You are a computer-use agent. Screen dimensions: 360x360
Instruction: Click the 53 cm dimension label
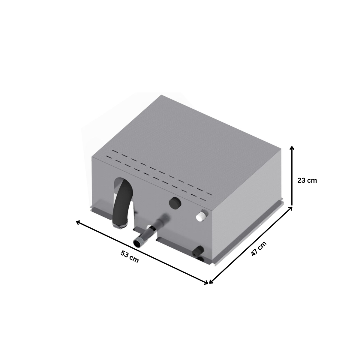[130, 256]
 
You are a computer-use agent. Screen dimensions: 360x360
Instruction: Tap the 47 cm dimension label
[259, 249]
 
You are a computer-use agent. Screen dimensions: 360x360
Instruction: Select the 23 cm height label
[307, 180]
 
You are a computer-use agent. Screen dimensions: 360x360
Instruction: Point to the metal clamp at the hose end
[119, 224]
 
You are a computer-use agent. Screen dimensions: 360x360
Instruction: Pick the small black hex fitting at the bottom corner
[198, 251]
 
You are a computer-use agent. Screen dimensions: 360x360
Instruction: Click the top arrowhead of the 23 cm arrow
[292, 147]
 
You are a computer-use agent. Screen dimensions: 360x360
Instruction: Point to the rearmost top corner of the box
[161, 95]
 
